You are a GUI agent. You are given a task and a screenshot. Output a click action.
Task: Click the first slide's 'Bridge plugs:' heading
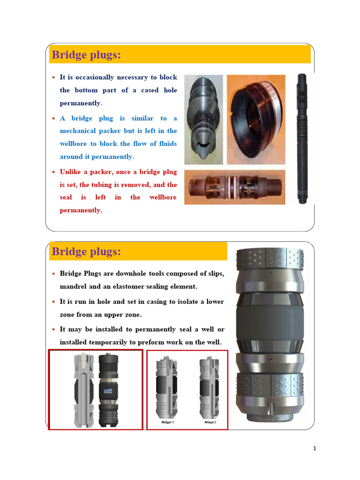point(86,55)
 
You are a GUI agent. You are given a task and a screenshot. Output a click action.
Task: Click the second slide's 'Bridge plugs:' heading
point(86,252)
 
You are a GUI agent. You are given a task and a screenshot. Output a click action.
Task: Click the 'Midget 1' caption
point(167,422)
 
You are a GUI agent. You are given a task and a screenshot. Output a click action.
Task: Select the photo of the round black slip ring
point(256,120)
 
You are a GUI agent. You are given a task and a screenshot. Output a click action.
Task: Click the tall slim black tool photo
point(301,138)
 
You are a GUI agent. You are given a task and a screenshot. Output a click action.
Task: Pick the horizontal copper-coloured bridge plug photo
point(234,187)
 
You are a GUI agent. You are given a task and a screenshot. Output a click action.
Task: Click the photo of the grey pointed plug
point(203,120)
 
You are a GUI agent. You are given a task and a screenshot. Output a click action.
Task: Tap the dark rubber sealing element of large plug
point(269,323)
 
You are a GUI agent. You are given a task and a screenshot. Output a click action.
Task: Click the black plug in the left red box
point(108,390)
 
